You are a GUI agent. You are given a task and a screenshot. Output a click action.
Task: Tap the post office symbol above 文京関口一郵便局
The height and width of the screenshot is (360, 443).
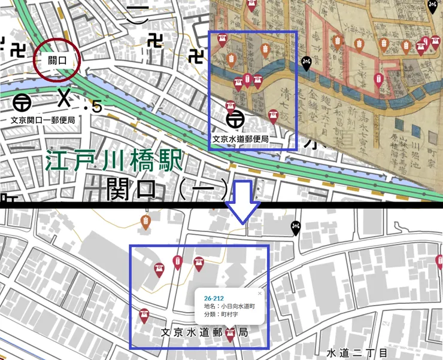point(23,102)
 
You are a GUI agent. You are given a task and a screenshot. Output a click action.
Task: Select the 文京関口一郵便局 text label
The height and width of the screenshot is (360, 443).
point(43,119)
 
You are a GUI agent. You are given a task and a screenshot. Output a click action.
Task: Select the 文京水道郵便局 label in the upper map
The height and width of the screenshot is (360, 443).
point(240,139)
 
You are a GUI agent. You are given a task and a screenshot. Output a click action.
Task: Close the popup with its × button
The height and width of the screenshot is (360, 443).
point(260,294)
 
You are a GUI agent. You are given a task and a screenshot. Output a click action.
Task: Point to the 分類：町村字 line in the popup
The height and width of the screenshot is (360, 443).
point(221,314)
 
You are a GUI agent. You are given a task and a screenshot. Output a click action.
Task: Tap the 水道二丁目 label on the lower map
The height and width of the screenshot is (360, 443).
point(354,353)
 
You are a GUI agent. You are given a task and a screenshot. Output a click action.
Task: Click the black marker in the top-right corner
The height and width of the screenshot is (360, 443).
point(432,7)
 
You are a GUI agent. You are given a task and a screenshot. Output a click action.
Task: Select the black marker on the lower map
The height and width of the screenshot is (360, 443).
point(296,227)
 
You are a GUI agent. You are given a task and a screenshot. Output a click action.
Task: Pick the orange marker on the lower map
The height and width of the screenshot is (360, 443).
point(145,222)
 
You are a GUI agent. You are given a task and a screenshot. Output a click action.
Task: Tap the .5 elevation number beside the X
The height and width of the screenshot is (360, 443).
point(93,108)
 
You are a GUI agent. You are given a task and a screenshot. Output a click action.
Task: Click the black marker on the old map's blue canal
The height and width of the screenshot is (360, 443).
point(307,63)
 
